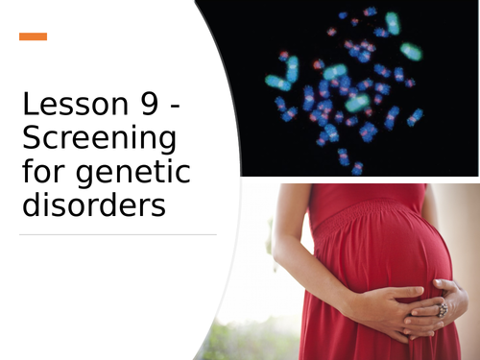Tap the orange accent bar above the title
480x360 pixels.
[33, 36]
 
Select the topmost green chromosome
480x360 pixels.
[392, 21]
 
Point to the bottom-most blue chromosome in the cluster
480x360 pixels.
[357, 168]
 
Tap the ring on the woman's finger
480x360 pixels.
[444, 309]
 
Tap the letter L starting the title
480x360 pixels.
[30, 105]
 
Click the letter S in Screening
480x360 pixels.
[31, 138]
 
